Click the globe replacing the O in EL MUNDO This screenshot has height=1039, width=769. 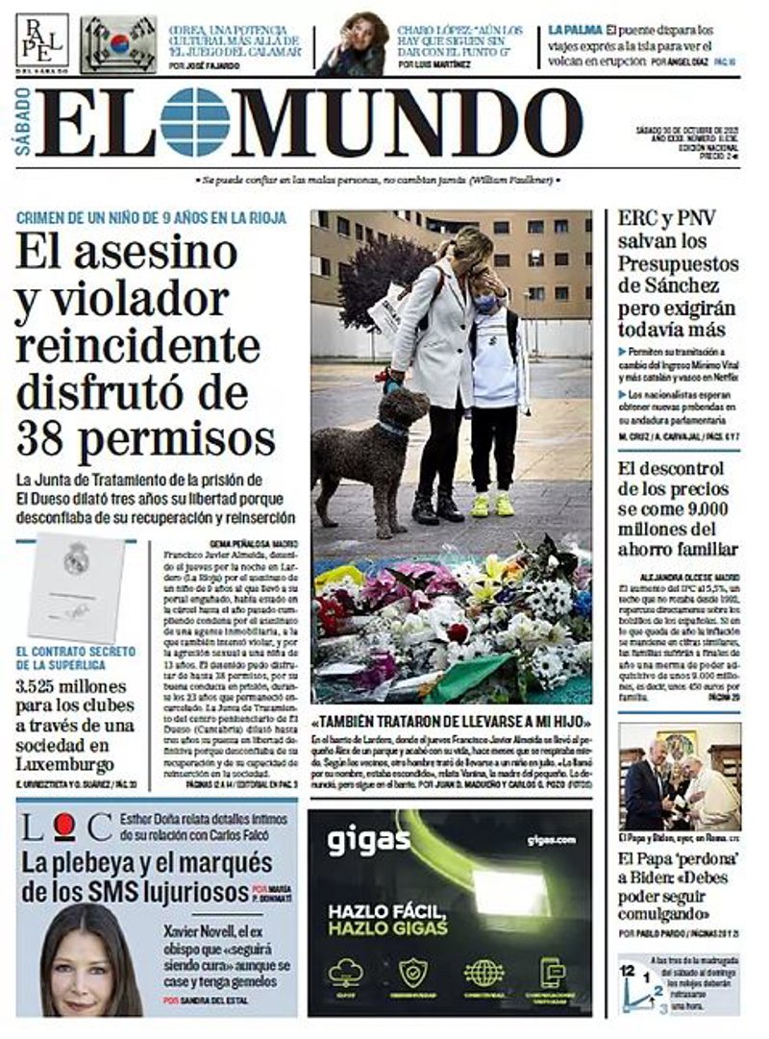click(194, 122)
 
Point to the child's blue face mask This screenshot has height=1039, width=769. click(485, 303)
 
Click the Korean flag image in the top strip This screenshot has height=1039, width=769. click(118, 44)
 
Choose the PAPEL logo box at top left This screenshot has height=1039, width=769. click(41, 40)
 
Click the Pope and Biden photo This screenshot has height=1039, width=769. click(679, 776)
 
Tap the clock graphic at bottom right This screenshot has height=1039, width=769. click(641, 984)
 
